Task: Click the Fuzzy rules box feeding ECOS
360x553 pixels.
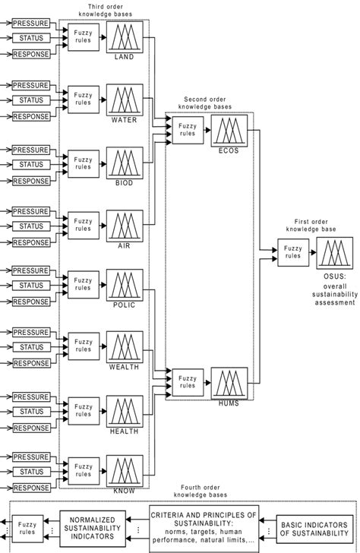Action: [188, 130]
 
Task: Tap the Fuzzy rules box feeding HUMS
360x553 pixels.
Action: [188, 382]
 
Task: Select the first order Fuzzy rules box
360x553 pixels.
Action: [292, 251]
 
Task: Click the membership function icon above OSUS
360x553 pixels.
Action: [335, 251]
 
